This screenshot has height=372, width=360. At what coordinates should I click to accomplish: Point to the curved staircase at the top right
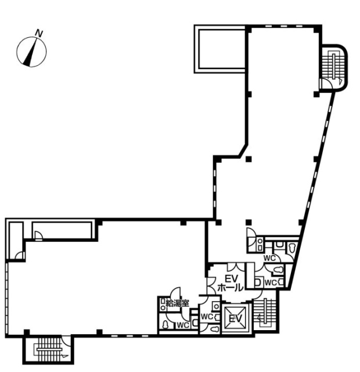(335, 69)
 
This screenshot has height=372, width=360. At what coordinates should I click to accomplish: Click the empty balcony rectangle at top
(221, 48)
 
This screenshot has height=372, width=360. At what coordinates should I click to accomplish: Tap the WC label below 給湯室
(182, 324)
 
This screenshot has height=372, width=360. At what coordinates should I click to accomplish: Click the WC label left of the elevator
(206, 317)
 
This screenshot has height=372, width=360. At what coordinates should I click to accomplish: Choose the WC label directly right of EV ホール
(271, 282)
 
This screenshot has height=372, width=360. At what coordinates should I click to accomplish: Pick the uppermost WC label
(269, 257)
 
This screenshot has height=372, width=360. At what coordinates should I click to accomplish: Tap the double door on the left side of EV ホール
(211, 285)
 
